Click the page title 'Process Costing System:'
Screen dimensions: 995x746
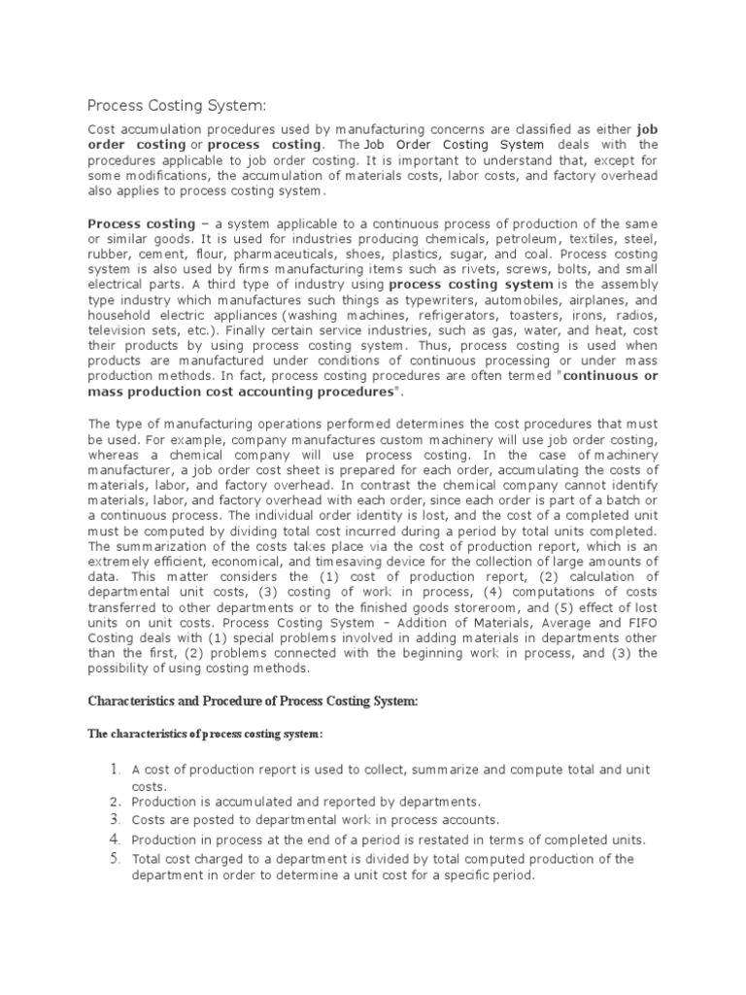(176, 105)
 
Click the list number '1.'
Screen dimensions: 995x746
(114, 770)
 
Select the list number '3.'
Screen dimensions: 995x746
(114, 819)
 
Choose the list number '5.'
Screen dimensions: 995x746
(114, 858)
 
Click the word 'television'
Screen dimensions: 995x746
(120, 331)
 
